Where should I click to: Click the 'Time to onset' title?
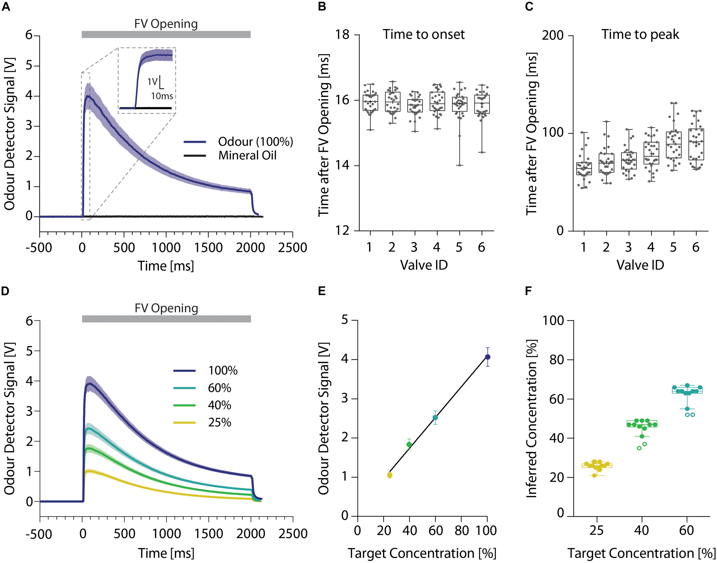pyautogui.click(x=423, y=34)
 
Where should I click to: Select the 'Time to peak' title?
pyautogui.click(x=640, y=34)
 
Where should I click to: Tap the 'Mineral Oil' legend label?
pyautogui.click(x=247, y=155)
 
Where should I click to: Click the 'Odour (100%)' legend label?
pyautogui.click(x=255, y=141)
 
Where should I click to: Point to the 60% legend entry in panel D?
pyautogui.click(x=219, y=388)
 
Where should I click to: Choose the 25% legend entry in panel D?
pyautogui.click(x=219, y=422)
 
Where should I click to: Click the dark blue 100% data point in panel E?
pyautogui.click(x=487, y=357)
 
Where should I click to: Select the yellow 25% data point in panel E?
pyautogui.click(x=390, y=475)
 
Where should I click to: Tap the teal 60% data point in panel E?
pyautogui.click(x=435, y=418)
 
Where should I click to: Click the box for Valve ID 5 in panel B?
pyautogui.click(x=460, y=104)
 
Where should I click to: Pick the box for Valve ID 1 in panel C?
pyautogui.click(x=584, y=168)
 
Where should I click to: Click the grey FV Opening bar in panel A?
pyautogui.click(x=166, y=34)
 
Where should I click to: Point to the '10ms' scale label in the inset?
pyautogui.click(x=162, y=96)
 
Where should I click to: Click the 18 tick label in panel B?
pyautogui.click(x=342, y=34)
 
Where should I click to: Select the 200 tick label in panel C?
pyautogui.click(x=553, y=35)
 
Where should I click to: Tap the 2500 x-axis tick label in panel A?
pyautogui.click(x=292, y=248)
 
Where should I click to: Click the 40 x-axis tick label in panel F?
pyautogui.click(x=642, y=530)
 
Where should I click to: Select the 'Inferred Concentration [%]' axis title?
pyautogui.click(x=531, y=419)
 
